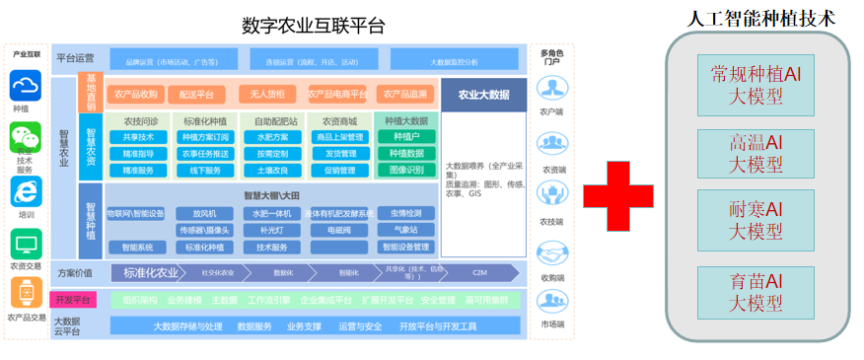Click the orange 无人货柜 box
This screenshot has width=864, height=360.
coord(267,95)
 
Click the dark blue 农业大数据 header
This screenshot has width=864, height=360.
coord(484,95)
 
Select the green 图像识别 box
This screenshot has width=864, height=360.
coord(406,170)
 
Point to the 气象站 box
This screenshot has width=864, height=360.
coord(405,230)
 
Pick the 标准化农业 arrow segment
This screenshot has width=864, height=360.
coord(150,273)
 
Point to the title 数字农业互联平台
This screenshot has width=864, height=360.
coord(313,25)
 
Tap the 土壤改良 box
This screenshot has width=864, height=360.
coord(272,170)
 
